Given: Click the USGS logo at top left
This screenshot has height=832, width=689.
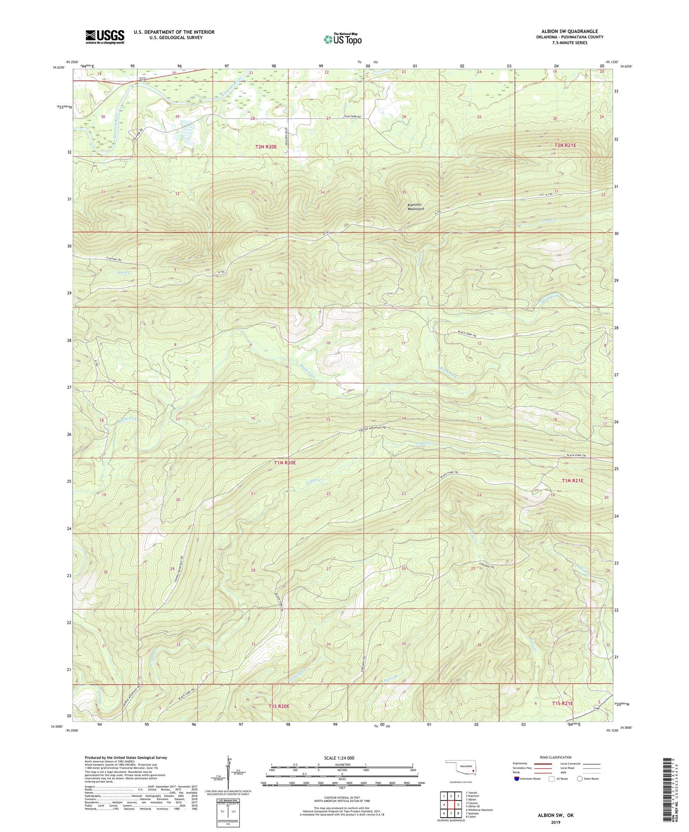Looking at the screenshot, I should [105, 36].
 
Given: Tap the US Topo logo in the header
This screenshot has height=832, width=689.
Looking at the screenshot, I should [342, 39].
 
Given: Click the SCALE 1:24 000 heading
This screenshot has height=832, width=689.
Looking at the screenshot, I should [339, 758].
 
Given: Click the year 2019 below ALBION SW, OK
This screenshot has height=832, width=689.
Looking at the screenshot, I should [555, 822].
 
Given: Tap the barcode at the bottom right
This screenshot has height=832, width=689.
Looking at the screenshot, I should [668, 791].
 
